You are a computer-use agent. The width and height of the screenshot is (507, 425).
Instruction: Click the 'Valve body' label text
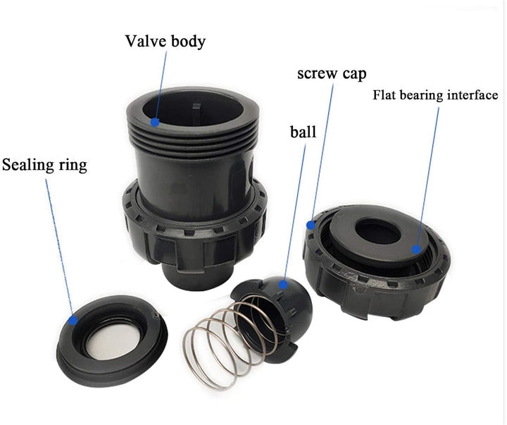click(165, 41)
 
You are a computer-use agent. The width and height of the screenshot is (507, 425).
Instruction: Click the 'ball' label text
click(303, 132)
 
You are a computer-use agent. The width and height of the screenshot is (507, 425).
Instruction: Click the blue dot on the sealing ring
click(74, 319)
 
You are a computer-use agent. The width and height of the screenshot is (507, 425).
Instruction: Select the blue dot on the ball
click(283, 285)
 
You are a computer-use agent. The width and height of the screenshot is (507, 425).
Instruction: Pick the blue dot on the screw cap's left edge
click(311, 224)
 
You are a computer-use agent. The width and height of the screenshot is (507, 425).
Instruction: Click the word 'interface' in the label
click(474, 95)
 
